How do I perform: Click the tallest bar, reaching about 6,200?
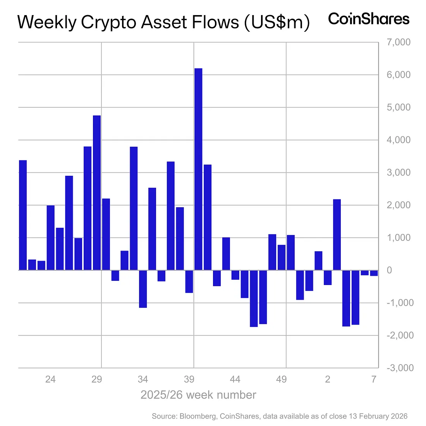pos(198,169)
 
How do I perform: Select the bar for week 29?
pos(97,192)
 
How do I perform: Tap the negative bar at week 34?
pos(143,289)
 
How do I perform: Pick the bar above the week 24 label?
pos(51,237)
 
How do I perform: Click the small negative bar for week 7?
pos(374,273)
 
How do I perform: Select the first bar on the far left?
pos(23,215)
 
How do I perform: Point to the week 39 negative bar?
pos(189,281)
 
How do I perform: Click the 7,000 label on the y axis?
pos(399,42)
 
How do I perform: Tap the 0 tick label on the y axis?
pos(390,270)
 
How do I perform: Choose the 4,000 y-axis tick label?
pos(399,140)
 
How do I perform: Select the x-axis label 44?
pos(235,380)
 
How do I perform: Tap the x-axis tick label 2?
pos(328,380)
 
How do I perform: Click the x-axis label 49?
pos(282,380)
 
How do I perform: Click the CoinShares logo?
pos(369,19)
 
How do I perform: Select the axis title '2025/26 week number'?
pos(198,395)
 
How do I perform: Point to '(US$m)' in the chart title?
pos(277,22)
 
